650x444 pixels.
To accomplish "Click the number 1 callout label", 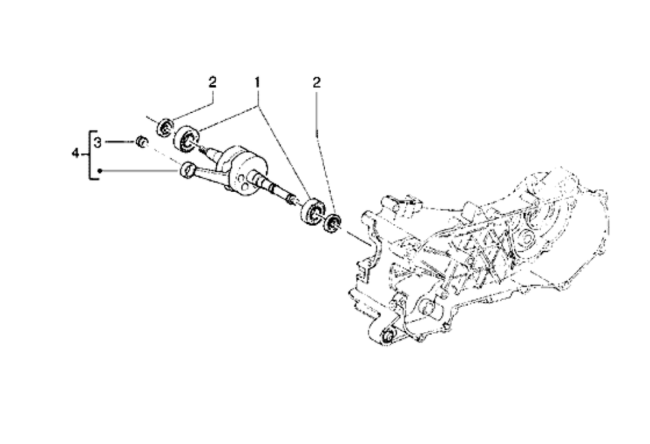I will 257,83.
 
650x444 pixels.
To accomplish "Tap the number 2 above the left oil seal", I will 212,83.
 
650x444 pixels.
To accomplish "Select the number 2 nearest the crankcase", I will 317,83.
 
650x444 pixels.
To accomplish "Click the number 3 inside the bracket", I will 97,142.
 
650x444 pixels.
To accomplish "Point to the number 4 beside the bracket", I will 75,154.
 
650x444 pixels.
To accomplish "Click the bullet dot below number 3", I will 99,171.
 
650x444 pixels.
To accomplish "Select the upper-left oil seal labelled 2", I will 166,125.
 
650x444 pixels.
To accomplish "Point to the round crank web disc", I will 240,179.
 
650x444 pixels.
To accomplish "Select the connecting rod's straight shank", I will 208,177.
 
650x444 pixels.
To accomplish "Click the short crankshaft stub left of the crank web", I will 209,151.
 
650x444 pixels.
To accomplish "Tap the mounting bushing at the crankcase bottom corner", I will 389,336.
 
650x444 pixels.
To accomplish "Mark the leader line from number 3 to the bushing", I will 119,142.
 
